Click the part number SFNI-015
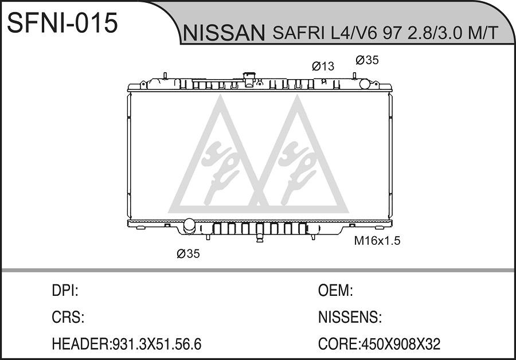[x=62, y=23]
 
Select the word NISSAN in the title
[x=224, y=33]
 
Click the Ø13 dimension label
[x=323, y=66]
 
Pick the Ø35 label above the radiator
[x=368, y=60]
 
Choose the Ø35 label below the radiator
[x=188, y=254]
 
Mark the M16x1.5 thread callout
[x=377, y=241]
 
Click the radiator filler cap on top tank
[x=249, y=79]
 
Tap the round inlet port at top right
[x=365, y=84]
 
